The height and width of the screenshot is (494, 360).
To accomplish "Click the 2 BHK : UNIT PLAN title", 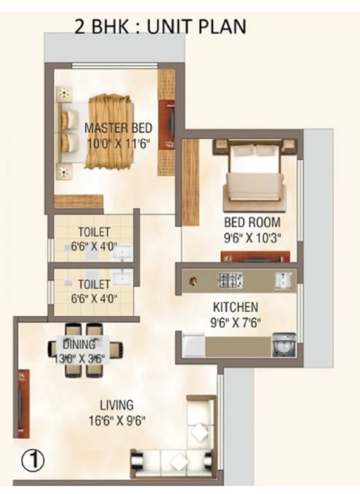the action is click(160, 27).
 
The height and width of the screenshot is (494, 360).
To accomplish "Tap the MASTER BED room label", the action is click(118, 128).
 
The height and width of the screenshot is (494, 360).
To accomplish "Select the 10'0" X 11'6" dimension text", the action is click(118, 143).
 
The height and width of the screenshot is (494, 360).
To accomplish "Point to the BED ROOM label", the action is click(252, 222).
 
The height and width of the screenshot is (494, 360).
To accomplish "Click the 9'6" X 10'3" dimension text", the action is click(252, 238).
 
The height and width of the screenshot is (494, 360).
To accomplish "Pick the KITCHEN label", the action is click(235, 307).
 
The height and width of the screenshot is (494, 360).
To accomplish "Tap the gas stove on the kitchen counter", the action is click(231, 280).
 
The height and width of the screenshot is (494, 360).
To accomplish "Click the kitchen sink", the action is click(283, 280).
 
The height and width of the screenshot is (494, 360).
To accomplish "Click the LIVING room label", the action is click(117, 405).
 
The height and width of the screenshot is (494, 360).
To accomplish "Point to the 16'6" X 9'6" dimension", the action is click(117, 421).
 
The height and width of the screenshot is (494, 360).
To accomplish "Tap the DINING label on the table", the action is click(79, 344).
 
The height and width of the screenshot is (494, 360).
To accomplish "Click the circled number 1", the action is click(33, 460).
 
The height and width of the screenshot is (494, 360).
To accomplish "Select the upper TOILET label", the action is click(94, 232).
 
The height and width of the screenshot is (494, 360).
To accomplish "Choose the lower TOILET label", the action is click(94, 284).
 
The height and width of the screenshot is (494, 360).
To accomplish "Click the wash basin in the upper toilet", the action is click(123, 253).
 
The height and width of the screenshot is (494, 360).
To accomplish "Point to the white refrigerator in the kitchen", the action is click(194, 346).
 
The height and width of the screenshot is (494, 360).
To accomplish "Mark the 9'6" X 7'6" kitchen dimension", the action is click(235, 322).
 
